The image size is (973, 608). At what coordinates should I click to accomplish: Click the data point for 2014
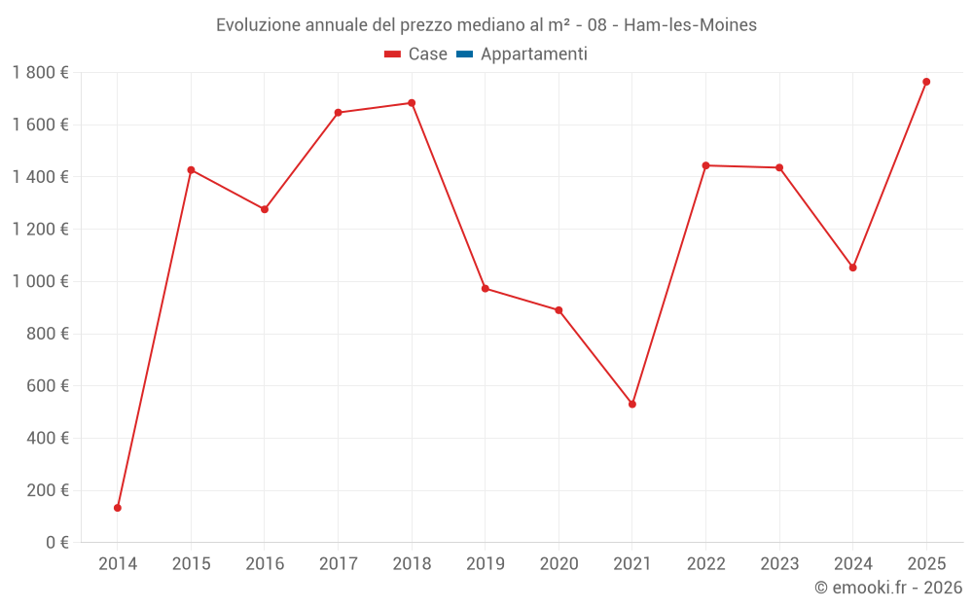118,508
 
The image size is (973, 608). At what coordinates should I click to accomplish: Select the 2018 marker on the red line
412,103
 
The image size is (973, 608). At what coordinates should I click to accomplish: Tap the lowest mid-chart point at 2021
632,404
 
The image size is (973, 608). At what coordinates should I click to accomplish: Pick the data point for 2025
926,82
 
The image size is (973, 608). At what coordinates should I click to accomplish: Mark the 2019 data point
486,289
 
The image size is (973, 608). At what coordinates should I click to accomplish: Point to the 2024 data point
853,268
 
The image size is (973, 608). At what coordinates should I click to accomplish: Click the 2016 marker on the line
265,209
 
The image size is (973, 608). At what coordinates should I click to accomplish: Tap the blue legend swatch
464,54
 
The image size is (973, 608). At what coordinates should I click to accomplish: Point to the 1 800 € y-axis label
40,72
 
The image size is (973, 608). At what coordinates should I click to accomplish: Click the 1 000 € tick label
40,281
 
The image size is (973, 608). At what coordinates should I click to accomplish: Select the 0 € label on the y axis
57,542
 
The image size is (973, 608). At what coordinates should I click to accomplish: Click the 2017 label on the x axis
338,564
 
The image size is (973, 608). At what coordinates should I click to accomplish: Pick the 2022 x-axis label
705,564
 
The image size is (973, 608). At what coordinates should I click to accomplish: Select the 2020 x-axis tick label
559,564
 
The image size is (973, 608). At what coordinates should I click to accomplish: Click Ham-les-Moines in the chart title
690,25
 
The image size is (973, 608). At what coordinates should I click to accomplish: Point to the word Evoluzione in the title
258,25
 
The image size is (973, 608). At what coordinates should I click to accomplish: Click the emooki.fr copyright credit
888,588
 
